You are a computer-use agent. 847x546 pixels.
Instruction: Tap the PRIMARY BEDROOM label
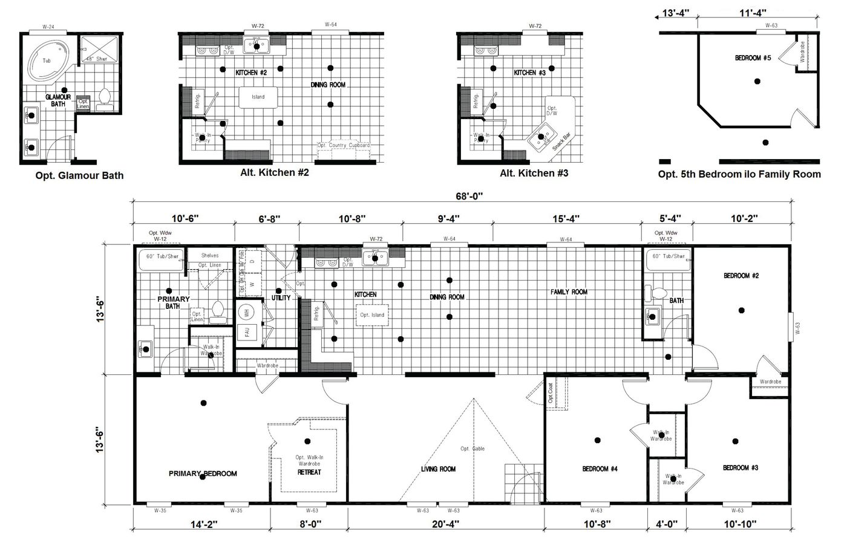click(203, 473)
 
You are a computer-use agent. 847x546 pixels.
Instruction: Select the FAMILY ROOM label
click(569, 292)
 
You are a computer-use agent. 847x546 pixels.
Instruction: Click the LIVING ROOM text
click(439, 469)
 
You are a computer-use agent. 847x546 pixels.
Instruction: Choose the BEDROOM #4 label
click(600, 469)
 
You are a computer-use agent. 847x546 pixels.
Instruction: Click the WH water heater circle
click(247, 313)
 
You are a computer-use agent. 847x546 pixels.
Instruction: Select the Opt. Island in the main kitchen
click(372, 315)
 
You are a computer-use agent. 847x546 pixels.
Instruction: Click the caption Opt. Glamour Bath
click(79, 176)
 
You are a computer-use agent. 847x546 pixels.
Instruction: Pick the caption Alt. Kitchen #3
click(534, 174)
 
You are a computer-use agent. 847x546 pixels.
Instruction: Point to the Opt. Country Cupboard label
click(343, 146)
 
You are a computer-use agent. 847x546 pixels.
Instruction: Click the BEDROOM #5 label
click(753, 58)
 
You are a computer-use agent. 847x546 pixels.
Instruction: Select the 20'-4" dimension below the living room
click(446, 524)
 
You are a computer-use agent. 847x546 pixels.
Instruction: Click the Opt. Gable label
click(473, 448)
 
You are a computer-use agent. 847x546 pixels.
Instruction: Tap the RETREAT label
click(309, 472)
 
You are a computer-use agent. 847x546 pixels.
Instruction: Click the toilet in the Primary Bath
click(218, 309)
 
